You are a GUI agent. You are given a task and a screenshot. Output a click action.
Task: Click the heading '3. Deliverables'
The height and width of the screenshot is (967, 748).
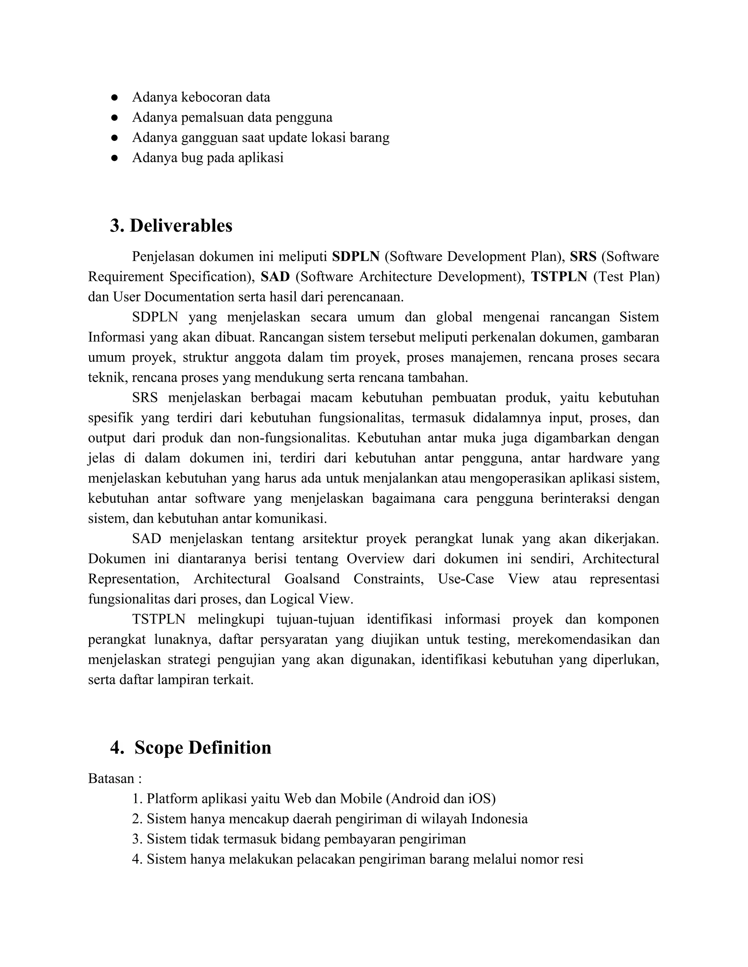click(171, 226)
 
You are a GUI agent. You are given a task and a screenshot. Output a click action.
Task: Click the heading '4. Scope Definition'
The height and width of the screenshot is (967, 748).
click(191, 747)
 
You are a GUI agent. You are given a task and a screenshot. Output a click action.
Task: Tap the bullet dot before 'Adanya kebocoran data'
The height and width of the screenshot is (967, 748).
click(114, 97)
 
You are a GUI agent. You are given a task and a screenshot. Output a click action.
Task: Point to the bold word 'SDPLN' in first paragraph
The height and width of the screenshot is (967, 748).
click(356, 257)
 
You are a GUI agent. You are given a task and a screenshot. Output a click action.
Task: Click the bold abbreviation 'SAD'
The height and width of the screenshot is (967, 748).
click(275, 277)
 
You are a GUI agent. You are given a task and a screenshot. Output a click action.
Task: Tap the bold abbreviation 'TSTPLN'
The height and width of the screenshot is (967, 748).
click(559, 277)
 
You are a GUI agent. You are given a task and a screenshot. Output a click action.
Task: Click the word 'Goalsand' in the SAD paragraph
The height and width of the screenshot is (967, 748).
click(312, 579)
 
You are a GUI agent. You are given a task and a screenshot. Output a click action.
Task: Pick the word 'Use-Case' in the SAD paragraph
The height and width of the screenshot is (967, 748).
click(466, 579)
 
